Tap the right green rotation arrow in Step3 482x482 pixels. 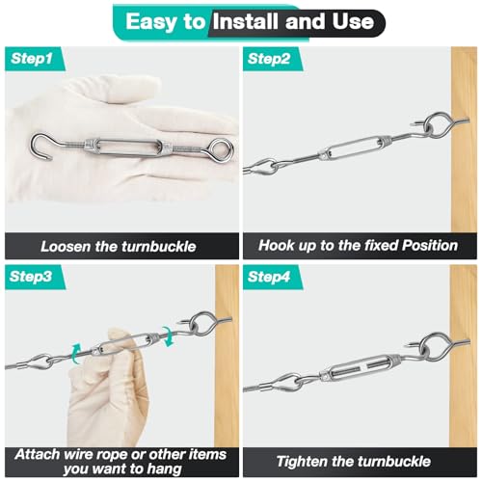(168, 336)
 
